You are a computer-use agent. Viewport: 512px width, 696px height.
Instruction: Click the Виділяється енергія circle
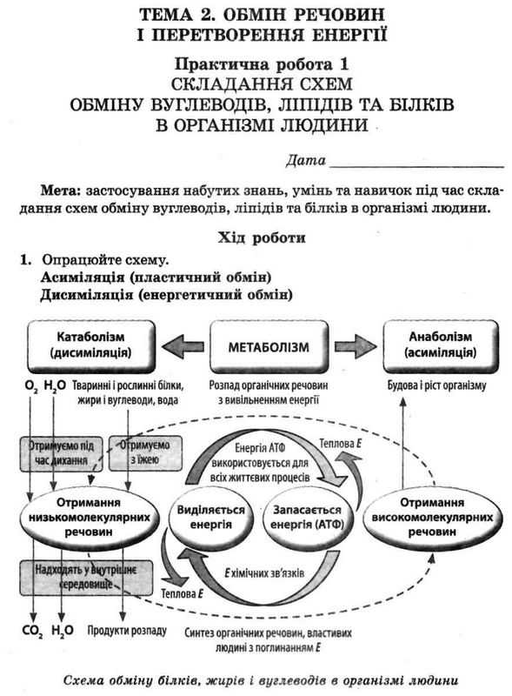[x=209, y=517]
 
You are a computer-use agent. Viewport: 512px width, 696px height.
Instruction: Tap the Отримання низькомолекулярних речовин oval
[x=85, y=516]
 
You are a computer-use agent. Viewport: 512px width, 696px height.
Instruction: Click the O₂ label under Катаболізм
[x=31, y=384]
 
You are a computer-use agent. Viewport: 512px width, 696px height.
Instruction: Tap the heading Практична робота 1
[x=256, y=65]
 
